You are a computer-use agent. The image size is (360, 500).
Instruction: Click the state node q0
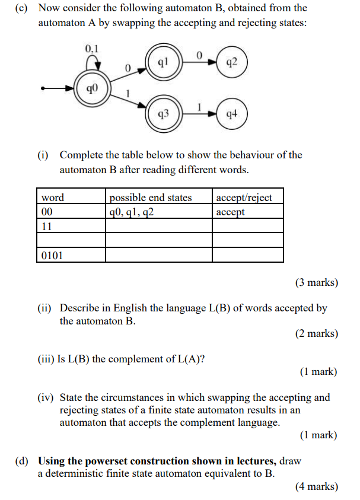point(90,89)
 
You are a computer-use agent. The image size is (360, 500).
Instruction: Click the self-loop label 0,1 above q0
point(92,48)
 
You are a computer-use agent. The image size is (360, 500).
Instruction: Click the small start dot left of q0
point(43,89)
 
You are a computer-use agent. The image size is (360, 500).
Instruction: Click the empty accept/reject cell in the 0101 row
point(247,255)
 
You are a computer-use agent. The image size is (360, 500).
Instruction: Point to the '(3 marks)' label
point(316,282)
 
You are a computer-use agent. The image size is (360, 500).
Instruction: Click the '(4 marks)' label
point(316,487)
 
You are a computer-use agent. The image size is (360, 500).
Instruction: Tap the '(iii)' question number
point(46,359)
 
